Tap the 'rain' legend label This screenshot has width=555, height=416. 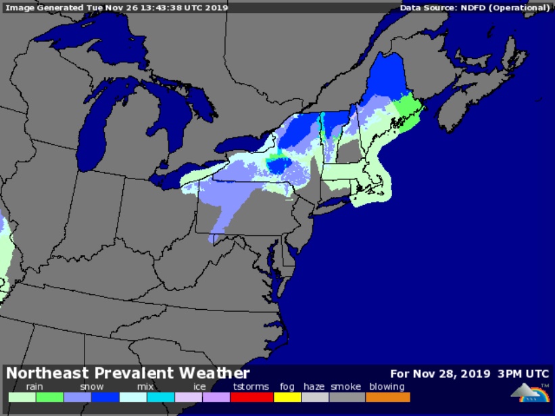point(34,387)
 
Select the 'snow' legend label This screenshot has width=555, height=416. point(91,387)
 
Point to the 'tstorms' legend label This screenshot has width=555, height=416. point(251,387)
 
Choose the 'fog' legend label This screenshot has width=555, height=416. point(287,387)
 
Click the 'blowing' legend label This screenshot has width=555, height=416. point(387,387)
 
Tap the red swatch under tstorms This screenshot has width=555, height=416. point(251,398)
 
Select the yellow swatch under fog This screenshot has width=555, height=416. point(287,398)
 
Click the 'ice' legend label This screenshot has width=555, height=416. point(199,387)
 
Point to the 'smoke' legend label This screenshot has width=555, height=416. point(345,387)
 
